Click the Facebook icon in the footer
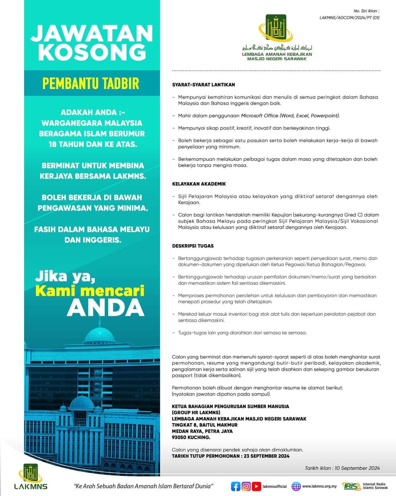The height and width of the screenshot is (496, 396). point(236,486)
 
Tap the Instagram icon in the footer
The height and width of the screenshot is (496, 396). point(246,486)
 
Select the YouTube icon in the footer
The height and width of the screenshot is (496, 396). point(256,486)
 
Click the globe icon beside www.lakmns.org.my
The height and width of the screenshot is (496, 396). point(296,486)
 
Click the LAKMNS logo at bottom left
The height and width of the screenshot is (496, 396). point(31,477)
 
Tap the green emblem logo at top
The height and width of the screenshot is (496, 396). point(276,28)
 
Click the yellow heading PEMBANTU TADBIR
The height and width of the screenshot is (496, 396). point(91,83)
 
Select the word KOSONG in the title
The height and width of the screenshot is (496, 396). point(92,52)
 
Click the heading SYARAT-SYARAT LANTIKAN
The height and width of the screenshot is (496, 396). point(203,85)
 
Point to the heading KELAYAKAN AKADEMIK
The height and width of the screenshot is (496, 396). point(199,184)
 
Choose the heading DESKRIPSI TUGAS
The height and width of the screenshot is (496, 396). point(193,246)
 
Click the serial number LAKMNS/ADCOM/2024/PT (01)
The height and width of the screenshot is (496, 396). point(349,17)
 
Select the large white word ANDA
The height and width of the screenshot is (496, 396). point(106,308)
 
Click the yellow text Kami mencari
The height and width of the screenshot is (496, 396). point(90,291)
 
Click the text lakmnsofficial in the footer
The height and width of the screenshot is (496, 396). point(275,486)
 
